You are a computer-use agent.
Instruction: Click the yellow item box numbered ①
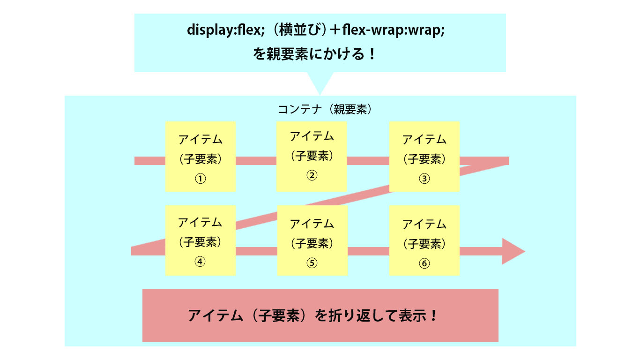[200, 157]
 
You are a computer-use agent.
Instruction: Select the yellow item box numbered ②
[312, 157]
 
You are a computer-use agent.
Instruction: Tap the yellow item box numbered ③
[424, 157]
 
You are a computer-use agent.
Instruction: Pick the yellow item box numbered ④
[200, 240]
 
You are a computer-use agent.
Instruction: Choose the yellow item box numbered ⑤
[313, 240]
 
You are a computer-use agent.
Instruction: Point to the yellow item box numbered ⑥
[424, 240]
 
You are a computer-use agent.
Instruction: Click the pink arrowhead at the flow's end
[513, 251]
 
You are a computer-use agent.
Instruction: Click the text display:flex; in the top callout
[226, 30]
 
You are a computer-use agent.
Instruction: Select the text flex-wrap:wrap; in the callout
[394, 30]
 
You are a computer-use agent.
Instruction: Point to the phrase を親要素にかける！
[314, 54]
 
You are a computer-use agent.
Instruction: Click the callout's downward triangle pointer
[320, 83]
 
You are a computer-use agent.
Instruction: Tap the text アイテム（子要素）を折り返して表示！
[313, 315]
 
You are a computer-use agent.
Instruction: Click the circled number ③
[424, 179]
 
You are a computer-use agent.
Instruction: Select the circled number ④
[200, 262]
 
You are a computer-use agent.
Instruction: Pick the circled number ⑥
[424, 263]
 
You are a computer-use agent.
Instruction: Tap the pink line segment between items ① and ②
[256, 161]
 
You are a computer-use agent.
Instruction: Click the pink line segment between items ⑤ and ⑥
[369, 251]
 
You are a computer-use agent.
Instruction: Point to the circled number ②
[312, 175]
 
